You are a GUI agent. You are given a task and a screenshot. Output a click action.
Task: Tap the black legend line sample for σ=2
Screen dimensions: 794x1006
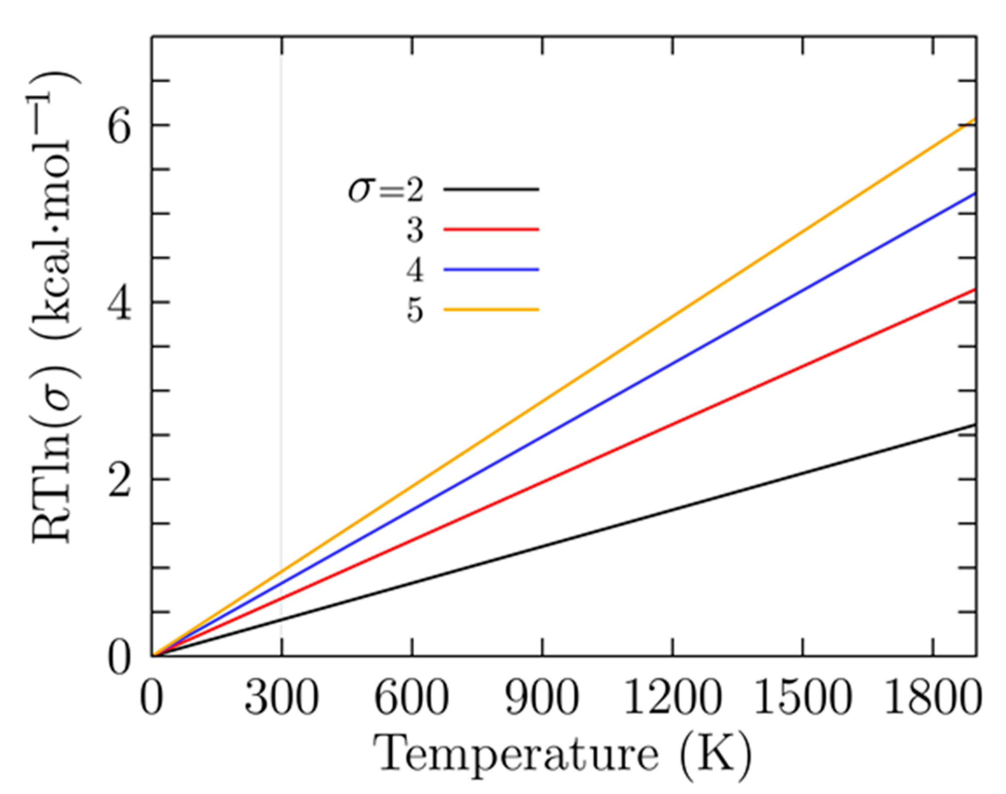491,189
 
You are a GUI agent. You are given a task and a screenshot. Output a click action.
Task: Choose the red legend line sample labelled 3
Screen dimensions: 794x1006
491,229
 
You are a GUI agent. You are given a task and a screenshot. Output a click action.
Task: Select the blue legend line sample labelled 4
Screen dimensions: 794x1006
491,269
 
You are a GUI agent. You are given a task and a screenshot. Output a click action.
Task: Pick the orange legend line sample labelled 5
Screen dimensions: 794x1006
491,309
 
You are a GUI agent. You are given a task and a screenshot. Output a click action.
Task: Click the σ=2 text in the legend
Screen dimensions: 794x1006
386,190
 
